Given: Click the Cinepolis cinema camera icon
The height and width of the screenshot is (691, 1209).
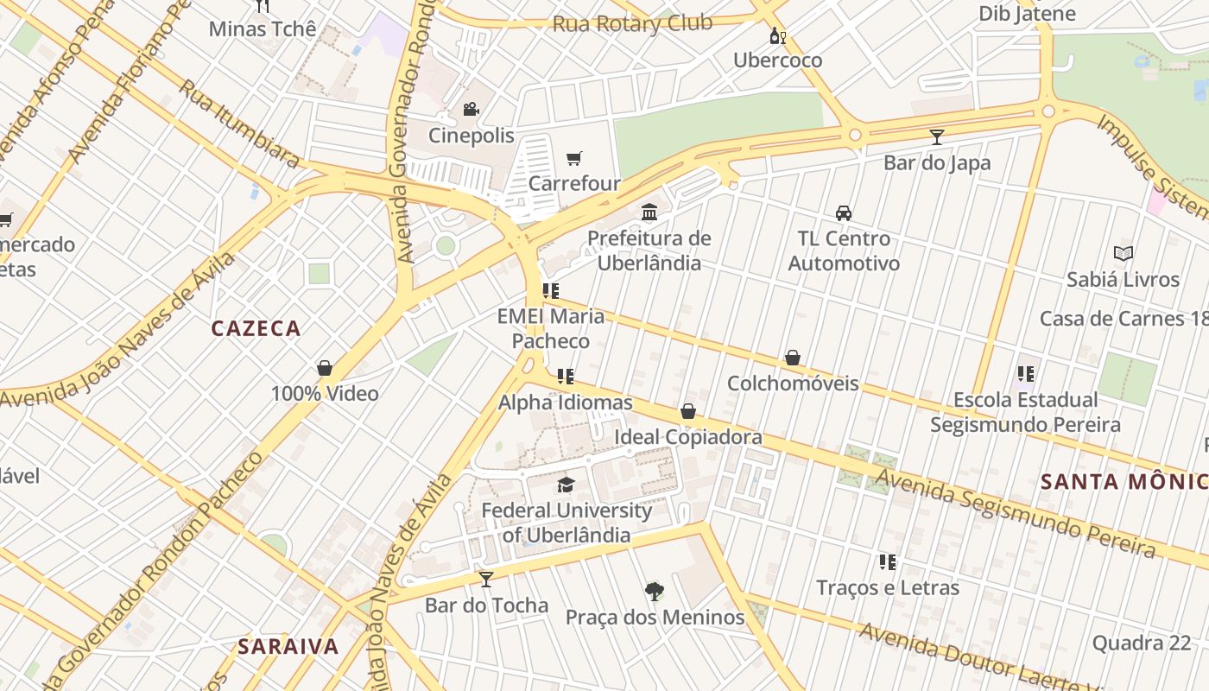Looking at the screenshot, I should (471, 109).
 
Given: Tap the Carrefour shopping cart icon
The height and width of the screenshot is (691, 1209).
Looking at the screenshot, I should (574, 157).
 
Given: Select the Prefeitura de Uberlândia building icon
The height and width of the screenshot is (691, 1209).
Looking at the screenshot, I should (649, 212).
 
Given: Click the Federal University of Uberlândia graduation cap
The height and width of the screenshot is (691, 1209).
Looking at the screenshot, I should (566, 485).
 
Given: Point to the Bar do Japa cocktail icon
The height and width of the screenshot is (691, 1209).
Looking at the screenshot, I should (937, 136).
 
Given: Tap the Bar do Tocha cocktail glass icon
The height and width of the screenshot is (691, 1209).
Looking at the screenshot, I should (486, 579).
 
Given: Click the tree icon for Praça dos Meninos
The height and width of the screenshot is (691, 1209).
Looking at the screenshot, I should (655, 592).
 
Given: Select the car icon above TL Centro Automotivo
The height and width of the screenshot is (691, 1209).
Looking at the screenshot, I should (844, 212).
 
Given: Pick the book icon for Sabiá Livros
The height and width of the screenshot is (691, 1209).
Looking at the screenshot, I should (1123, 253).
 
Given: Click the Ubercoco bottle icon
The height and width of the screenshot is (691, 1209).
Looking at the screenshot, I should (777, 35).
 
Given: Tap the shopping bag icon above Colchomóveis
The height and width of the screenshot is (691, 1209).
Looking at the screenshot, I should (793, 358).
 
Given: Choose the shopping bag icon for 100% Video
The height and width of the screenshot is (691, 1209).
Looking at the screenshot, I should (325, 368).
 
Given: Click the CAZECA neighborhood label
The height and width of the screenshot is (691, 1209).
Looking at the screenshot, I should (256, 328).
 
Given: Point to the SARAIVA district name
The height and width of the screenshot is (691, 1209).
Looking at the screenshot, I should (288, 646).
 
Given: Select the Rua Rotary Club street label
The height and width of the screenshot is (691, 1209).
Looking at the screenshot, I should (632, 23).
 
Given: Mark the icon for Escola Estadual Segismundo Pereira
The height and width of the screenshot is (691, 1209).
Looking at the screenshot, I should (1025, 374).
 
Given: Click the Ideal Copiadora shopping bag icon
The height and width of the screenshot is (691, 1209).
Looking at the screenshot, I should (688, 411).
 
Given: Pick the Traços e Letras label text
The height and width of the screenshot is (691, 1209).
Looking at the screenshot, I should (888, 587).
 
